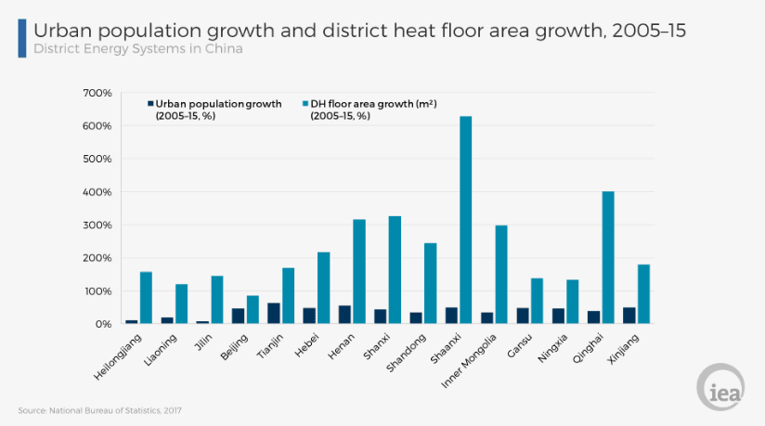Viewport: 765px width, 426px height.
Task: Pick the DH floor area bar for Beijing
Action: (x=253, y=310)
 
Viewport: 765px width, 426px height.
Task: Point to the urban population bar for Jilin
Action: (x=202, y=322)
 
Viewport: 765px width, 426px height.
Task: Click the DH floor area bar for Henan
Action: (x=359, y=271)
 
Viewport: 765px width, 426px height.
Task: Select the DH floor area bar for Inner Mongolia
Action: (x=501, y=275)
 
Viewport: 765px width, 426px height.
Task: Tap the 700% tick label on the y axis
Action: (x=97, y=93)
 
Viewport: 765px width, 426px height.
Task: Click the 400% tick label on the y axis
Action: (x=97, y=192)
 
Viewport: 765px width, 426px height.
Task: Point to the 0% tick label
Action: (x=102, y=324)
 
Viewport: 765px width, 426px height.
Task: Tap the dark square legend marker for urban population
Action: (x=151, y=104)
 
